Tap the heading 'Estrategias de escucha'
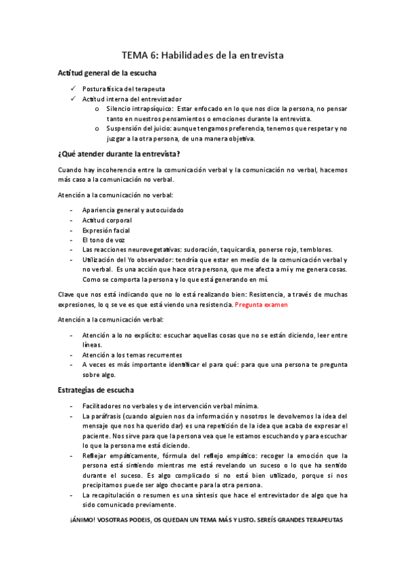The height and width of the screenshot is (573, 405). click(x=95, y=390)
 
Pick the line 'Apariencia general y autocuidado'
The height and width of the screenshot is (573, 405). click(x=133, y=210)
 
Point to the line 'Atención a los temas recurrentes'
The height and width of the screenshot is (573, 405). click(x=132, y=355)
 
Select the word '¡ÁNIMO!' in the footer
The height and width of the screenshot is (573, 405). click(x=82, y=520)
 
